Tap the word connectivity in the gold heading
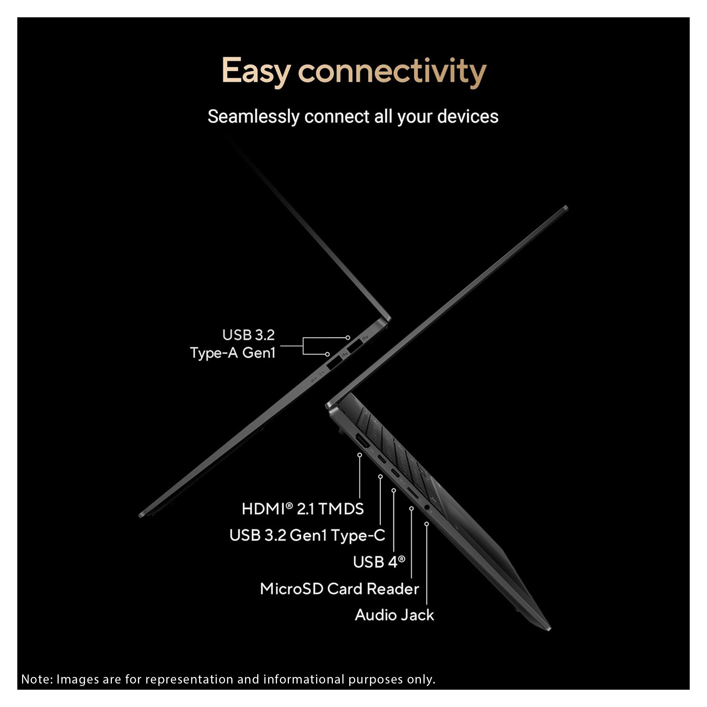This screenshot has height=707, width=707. point(392,71)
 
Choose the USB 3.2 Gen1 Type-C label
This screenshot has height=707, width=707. point(307,535)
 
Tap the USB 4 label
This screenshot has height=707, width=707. point(379,562)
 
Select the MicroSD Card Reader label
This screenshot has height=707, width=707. point(339,589)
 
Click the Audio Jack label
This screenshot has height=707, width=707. point(394,615)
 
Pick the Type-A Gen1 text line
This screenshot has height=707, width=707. point(232,353)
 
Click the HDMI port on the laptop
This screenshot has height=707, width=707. point(362,442)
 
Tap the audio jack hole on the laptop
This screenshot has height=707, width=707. point(427,507)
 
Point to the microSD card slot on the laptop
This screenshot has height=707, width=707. point(413,494)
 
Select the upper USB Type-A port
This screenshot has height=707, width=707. point(354,346)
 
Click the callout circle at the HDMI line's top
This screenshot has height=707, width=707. point(360,455)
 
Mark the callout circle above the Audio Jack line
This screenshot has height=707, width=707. point(426,524)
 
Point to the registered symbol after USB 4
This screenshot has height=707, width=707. point(401,559)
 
